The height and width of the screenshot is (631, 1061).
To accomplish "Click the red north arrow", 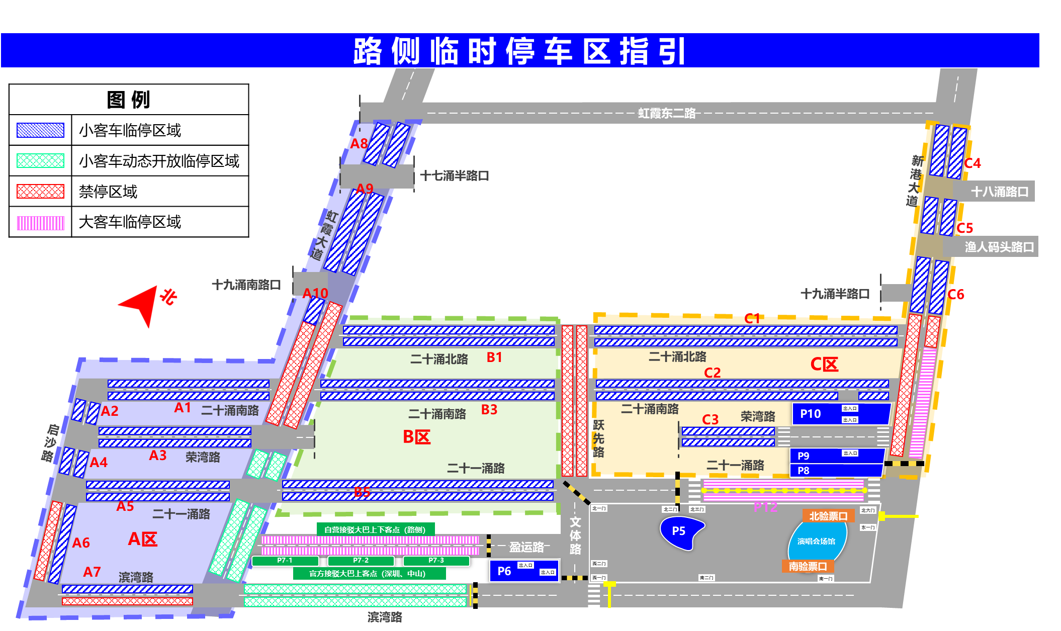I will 139,304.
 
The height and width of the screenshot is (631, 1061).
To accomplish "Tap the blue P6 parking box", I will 524,571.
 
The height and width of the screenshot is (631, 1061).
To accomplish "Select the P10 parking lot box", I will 840,414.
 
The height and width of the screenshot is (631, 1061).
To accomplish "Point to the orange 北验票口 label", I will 828,516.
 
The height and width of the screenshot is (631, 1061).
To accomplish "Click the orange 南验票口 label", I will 808,567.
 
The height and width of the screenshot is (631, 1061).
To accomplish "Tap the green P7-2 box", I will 361,561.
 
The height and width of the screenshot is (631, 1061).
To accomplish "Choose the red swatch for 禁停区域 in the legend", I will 40,192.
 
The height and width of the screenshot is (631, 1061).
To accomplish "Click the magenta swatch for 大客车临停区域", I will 40,222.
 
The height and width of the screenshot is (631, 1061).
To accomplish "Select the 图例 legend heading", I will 129,100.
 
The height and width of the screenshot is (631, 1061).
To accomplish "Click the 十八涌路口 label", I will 999,192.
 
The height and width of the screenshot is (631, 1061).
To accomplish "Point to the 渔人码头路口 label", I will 999,247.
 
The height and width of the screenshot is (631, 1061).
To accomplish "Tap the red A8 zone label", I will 359,144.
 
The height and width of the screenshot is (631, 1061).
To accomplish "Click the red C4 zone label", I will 972,163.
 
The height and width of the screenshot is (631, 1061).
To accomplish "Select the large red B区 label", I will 417,437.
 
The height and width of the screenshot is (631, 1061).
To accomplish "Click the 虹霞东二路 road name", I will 667,113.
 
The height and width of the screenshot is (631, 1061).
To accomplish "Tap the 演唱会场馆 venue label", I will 816,542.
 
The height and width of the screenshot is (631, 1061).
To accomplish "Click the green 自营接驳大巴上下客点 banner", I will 375,529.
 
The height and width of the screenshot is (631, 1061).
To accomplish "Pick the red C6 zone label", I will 956,295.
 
